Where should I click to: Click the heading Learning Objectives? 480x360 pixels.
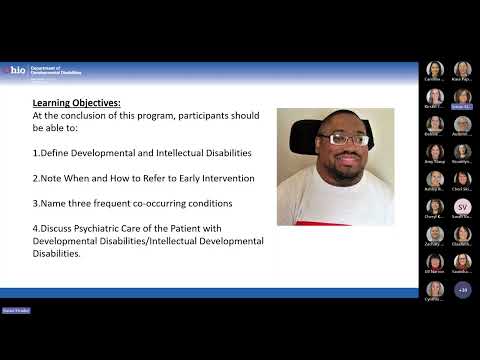(x=76, y=102)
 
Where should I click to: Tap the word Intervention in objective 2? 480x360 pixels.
(x=226, y=178)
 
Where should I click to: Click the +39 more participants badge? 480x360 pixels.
(x=462, y=289)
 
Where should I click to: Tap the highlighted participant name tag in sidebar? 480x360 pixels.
(x=462, y=105)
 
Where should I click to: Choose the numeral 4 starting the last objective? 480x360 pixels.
(x=35, y=229)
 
